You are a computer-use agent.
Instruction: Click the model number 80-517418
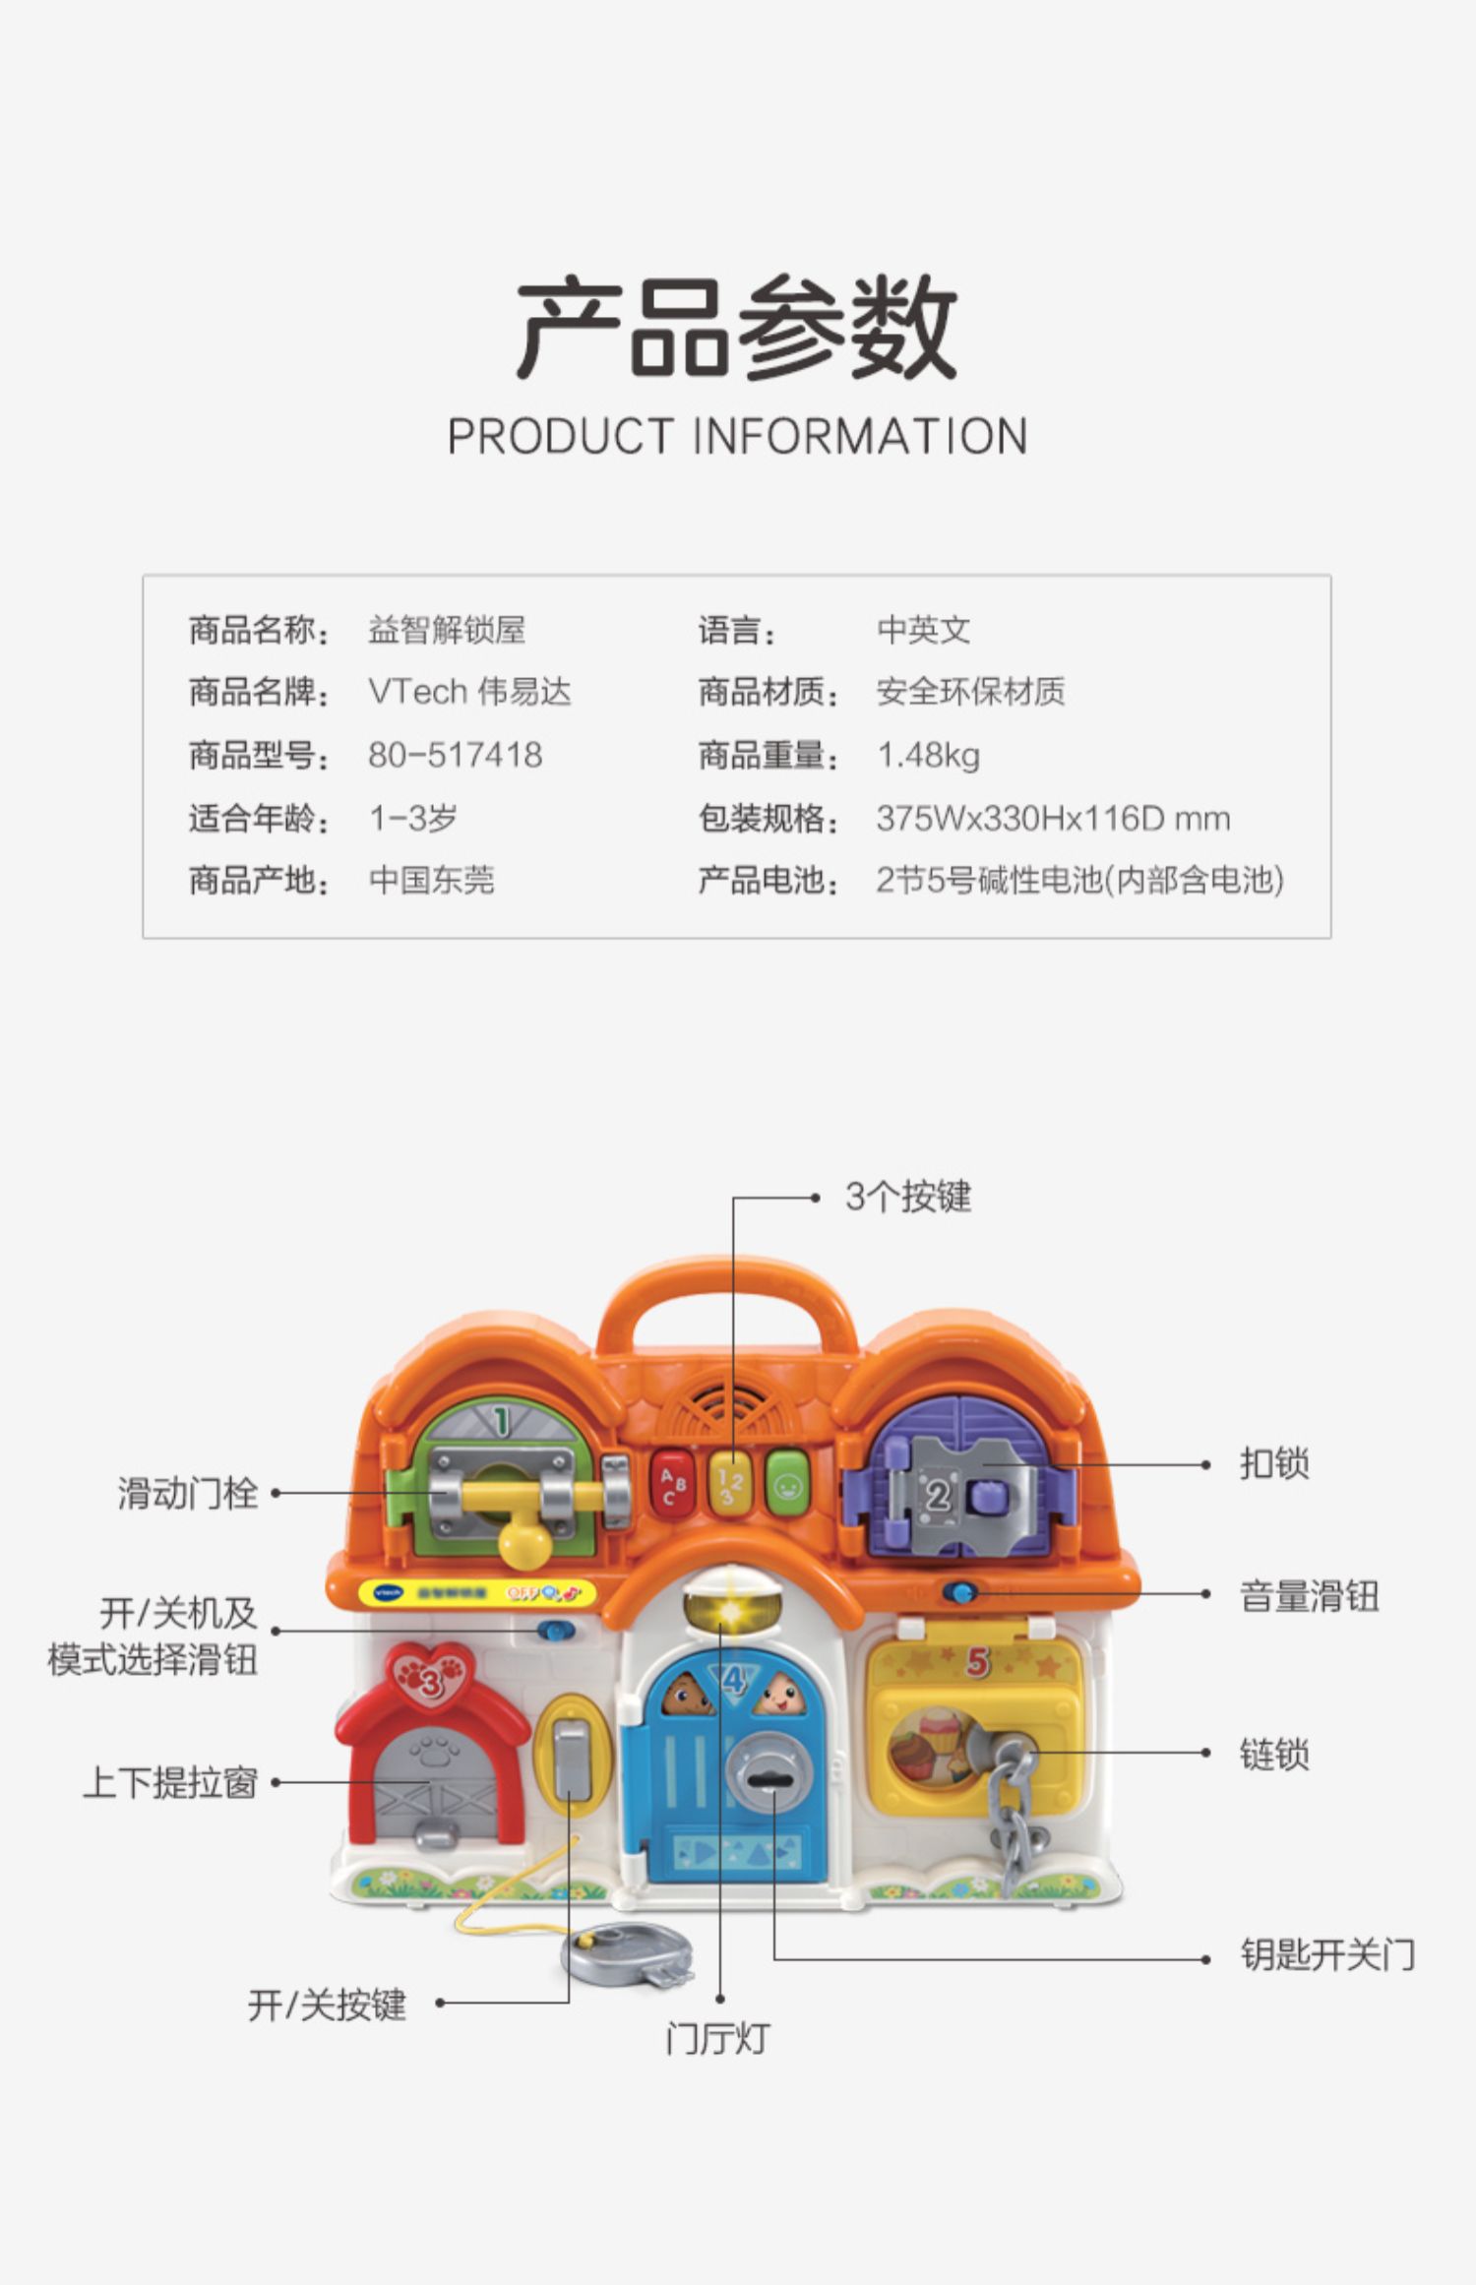455,756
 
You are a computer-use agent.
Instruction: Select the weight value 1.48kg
928,756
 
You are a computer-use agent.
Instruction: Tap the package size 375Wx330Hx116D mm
1053,819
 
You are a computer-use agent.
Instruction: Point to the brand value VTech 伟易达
469,693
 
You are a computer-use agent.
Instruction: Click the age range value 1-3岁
413,819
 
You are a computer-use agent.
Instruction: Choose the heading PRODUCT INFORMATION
737,436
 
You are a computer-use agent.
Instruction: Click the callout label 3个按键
907,1197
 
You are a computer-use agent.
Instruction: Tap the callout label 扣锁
1274,1464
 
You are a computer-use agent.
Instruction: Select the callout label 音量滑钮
1309,1596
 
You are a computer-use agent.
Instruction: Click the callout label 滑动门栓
187,1493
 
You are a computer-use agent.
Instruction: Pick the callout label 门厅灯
717,2039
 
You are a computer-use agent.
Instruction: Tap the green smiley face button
787,1484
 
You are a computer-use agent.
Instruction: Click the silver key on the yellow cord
628,1953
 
